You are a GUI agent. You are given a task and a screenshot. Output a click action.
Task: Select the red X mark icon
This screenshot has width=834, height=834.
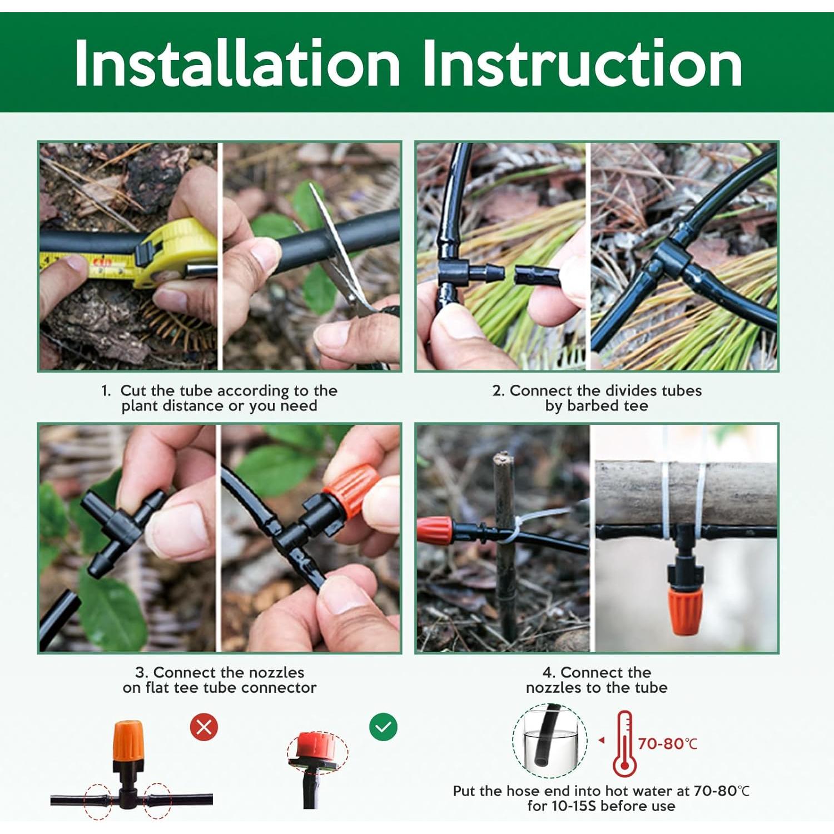pos(204,727)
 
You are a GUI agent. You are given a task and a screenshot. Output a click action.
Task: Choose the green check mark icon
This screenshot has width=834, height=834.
pos(383,727)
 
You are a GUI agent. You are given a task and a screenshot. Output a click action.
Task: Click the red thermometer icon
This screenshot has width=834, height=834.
pos(624,743)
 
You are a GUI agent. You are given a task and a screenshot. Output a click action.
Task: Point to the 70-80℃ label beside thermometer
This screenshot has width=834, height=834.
pos(667,743)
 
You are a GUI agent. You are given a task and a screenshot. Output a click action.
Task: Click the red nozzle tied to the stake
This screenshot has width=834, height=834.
pos(434,530)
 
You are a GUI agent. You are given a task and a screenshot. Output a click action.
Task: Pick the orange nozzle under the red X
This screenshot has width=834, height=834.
pos(128,742)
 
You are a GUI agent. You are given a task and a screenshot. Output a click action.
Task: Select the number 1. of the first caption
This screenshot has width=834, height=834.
pos(106,391)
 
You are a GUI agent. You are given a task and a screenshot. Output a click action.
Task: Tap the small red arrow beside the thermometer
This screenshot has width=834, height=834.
pos(601,741)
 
